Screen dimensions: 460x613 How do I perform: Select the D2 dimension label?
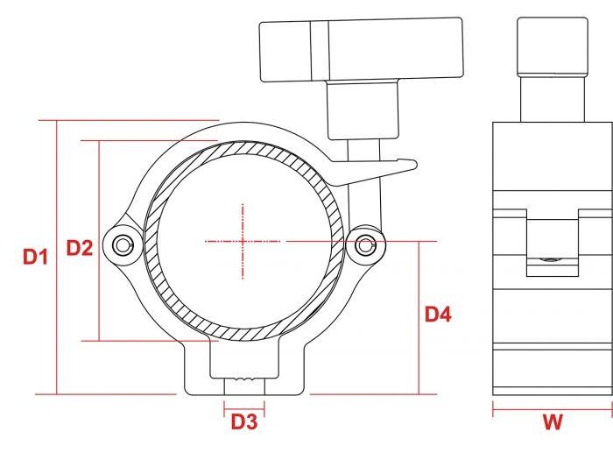[80, 248]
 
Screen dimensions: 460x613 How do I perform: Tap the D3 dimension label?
[243, 422]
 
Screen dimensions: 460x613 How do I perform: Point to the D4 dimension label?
[438, 314]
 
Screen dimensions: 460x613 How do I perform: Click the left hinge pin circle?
[122, 244]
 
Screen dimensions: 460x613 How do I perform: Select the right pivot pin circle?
[364, 244]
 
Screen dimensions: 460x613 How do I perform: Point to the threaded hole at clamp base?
[244, 382]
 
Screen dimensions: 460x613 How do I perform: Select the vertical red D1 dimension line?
[57, 257]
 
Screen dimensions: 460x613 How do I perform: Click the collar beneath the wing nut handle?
[363, 110]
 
